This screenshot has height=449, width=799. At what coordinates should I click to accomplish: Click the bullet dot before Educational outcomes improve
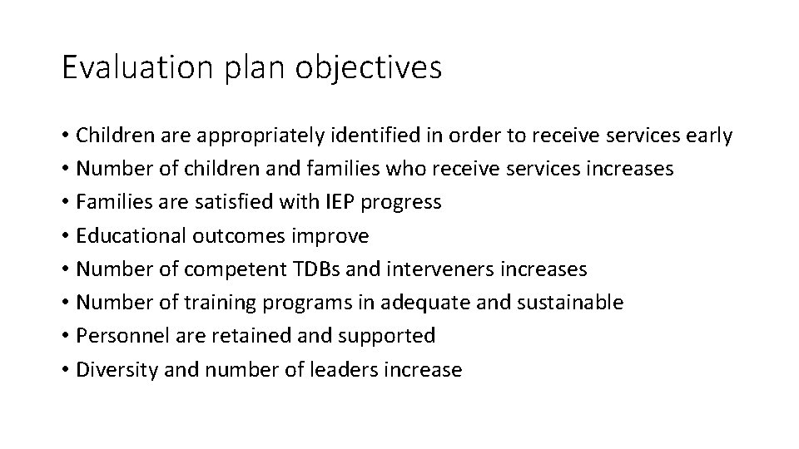click(x=65, y=236)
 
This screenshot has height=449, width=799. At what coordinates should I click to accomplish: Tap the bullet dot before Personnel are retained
click(x=65, y=337)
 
